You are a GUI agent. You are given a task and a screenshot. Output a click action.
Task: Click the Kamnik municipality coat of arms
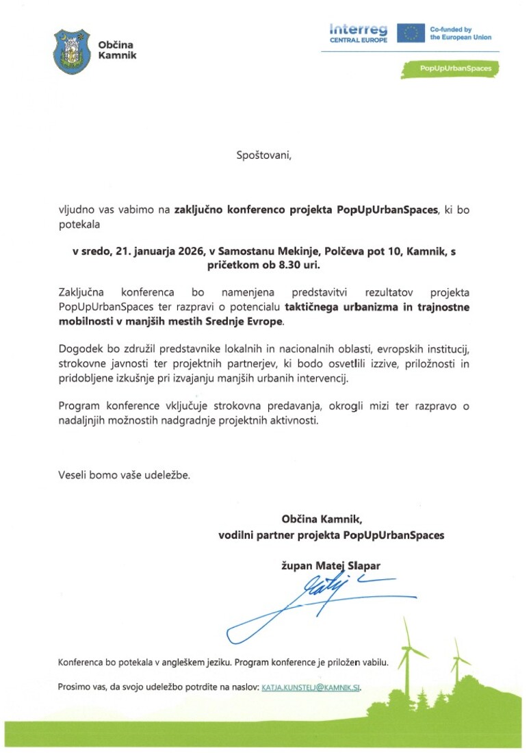pyautogui.click(x=71, y=51)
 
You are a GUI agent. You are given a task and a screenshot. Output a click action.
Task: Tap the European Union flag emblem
pyautogui.click(x=411, y=33)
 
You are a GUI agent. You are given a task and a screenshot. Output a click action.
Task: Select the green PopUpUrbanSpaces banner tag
pyautogui.click(x=449, y=68)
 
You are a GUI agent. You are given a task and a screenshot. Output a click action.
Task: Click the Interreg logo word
pyautogui.click(x=358, y=29)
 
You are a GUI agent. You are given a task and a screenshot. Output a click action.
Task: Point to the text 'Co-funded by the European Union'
pyautogui.click(x=460, y=34)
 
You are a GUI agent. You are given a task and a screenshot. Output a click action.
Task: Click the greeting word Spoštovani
pyautogui.click(x=263, y=155)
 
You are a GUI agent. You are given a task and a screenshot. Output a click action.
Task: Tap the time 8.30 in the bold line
pyautogui.click(x=282, y=264)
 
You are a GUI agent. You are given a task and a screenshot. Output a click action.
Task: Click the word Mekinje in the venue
pyautogui.click(x=322, y=252)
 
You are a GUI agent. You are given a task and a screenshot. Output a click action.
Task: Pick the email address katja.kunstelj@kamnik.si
pyautogui.click(x=311, y=686)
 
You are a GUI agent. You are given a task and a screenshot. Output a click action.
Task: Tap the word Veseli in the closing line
pyautogui.click(x=73, y=474)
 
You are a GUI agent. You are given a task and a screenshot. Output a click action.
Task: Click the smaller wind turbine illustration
pyautogui.click(x=456, y=661)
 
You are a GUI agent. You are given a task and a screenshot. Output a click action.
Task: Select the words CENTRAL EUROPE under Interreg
pyautogui.click(x=358, y=40)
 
